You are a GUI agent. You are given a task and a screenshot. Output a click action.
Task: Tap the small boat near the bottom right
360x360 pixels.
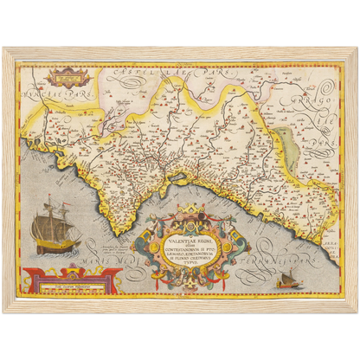pyautogui.click(x=285, y=280)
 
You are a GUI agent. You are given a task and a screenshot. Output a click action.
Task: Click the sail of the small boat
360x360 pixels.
pyautogui.click(x=286, y=276)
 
